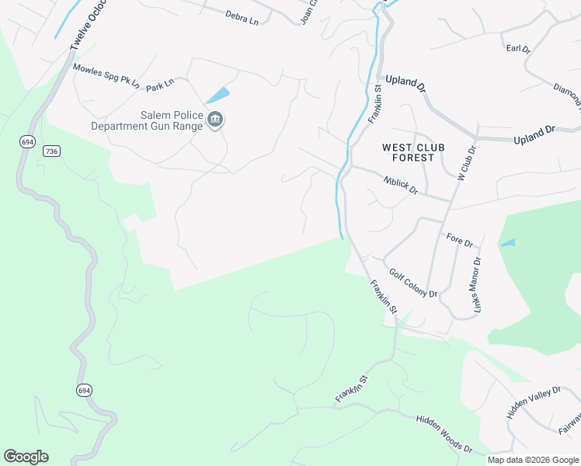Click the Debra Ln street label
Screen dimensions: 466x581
pyautogui.click(x=242, y=16)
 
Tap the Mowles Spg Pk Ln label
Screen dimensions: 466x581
pyautogui.click(x=106, y=75)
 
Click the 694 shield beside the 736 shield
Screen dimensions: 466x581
pyautogui.click(x=28, y=141)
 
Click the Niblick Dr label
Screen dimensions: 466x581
pyautogui.click(x=401, y=185)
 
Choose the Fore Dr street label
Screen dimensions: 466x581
pyautogui.click(x=459, y=240)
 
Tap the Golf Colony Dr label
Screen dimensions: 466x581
pyautogui.click(x=414, y=283)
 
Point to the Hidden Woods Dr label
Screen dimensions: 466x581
pyautogui.click(x=444, y=433)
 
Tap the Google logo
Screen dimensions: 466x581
pyautogui.click(x=26, y=457)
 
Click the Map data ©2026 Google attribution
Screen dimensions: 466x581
pyautogui.click(x=533, y=460)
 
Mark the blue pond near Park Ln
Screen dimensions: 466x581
pyautogui.click(x=218, y=96)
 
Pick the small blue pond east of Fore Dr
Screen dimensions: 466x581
pyautogui.click(x=508, y=243)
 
